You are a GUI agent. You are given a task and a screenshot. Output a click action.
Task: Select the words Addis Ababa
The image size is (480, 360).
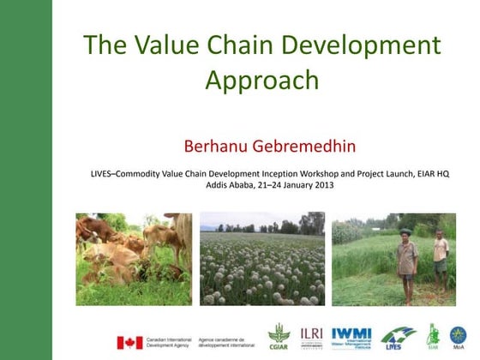[229, 185]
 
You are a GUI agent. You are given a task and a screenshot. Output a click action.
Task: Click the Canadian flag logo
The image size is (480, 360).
[129, 342]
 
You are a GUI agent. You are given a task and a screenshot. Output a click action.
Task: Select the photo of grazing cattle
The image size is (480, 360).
[134, 258]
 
